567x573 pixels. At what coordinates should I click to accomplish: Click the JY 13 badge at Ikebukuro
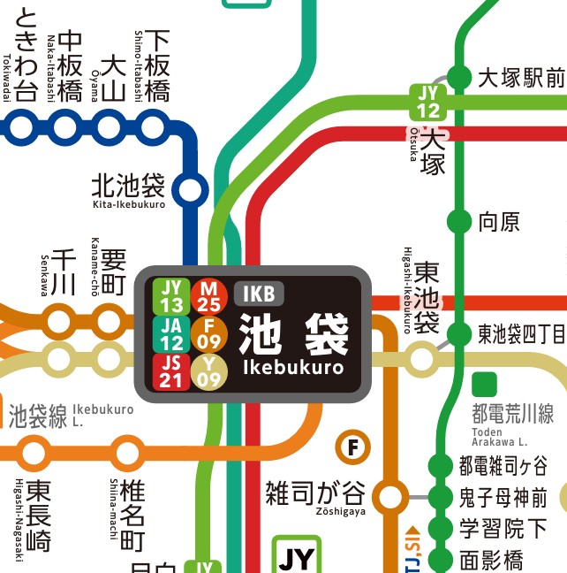click(172, 295)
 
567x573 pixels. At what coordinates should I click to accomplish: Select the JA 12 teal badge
click(172, 333)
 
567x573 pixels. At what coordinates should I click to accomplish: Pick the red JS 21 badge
click(172, 371)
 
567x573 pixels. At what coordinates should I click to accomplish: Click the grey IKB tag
click(260, 294)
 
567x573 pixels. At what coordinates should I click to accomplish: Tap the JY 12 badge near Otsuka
click(428, 101)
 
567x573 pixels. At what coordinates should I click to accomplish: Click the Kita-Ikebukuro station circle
click(190, 189)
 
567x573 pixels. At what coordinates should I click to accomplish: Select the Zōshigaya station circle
click(389, 496)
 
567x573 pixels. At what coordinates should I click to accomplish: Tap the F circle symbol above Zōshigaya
click(353, 447)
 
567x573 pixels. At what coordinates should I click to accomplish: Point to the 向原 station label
click(499, 221)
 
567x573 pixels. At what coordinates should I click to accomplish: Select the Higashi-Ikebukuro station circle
click(422, 359)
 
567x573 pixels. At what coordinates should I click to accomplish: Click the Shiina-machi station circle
click(126, 453)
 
